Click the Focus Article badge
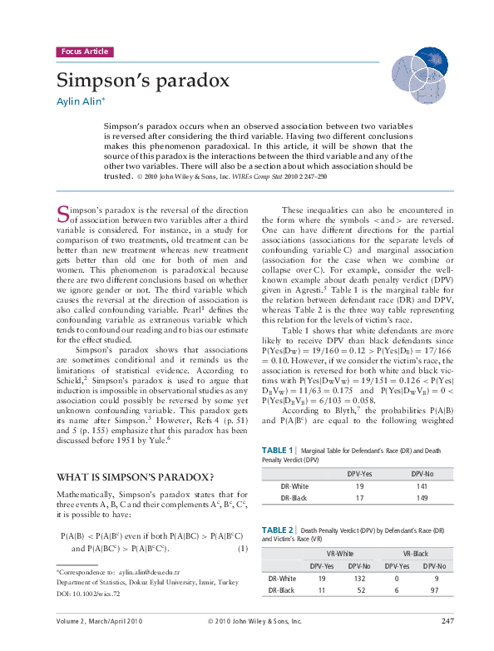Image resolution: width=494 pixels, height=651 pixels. [x=84, y=52]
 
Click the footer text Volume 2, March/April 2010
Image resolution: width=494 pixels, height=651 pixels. [x=100, y=621]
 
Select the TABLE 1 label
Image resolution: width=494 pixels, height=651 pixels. [x=278, y=450]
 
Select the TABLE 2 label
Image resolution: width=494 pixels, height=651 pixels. [x=278, y=529]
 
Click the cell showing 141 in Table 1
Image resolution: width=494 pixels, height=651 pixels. [x=423, y=486]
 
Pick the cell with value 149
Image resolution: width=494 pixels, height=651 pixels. [x=423, y=497]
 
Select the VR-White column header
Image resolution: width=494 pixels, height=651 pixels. [x=339, y=553]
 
